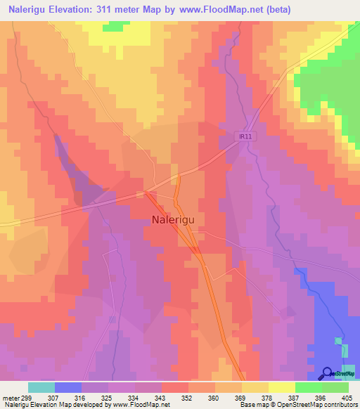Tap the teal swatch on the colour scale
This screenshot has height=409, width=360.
(41, 387)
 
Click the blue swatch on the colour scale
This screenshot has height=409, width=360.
(68, 387)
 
